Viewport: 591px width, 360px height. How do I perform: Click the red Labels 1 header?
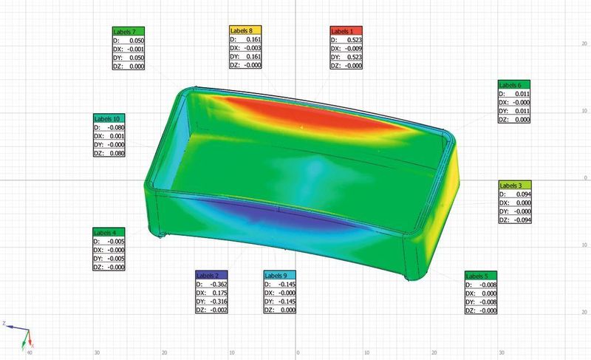click(346, 31)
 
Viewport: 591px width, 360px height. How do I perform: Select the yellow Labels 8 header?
click(245, 30)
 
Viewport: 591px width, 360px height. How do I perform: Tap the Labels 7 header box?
click(129, 32)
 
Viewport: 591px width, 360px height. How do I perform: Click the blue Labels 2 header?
click(212, 275)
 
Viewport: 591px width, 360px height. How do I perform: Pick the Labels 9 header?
click(280, 275)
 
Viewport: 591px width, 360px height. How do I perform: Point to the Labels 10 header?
click(109, 118)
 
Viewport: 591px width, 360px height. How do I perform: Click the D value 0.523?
click(355, 40)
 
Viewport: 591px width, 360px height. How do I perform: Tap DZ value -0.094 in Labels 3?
click(522, 220)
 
